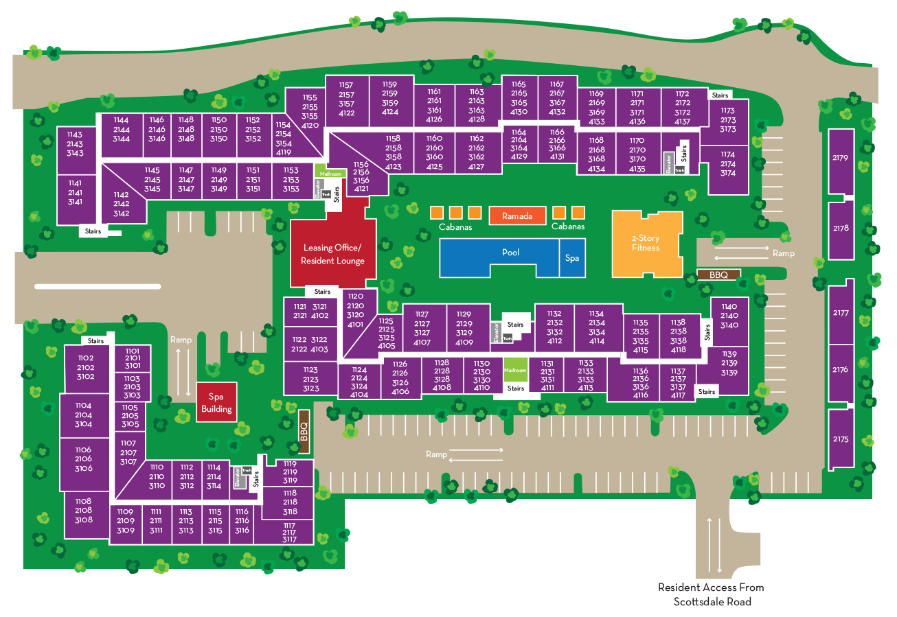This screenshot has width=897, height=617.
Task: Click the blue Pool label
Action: [510, 253]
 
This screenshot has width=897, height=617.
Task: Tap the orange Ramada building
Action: [516, 216]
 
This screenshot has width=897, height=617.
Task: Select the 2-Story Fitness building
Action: [646, 243]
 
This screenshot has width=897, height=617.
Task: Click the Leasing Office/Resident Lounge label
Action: [332, 254]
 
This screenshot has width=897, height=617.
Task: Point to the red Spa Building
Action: [216, 402]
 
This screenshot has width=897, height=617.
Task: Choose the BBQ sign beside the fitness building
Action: [718, 275]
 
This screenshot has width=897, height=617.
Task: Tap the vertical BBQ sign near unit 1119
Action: [304, 432]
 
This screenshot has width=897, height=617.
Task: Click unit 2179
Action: [841, 158]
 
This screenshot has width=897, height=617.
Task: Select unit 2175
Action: [841, 439]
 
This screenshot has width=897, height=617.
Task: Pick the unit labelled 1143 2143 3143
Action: [75, 144]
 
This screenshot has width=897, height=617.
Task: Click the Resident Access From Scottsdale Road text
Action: [711, 594]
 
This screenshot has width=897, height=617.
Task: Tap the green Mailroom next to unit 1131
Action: [515, 369]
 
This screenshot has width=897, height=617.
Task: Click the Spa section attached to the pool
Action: [572, 258]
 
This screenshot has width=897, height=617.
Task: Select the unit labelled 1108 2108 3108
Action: [84, 511]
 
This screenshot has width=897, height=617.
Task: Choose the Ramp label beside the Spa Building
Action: [181, 340]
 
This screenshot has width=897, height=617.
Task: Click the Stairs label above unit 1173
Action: [719, 95]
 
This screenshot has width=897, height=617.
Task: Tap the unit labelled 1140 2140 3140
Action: [729, 316]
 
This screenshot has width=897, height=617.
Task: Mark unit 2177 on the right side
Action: [841, 313]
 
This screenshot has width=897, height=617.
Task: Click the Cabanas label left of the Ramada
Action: [455, 227]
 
